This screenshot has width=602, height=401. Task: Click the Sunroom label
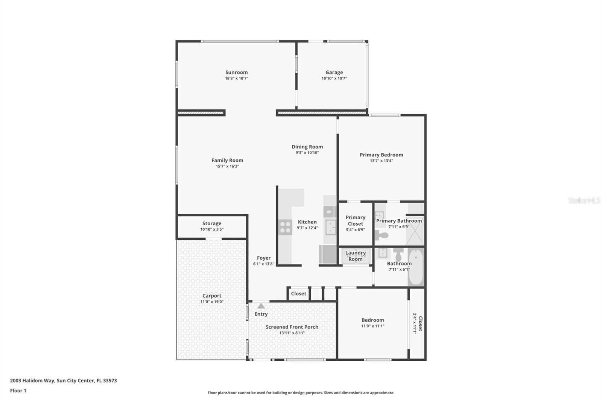236,72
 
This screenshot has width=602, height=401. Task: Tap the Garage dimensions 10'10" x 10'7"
334,78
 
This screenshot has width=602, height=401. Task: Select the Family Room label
227,160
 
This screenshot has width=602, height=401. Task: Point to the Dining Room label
307,147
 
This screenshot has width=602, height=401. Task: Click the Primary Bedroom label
381,155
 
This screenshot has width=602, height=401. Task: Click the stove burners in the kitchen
285,227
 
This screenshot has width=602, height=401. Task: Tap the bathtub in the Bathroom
416,267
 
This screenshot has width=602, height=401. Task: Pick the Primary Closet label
355,220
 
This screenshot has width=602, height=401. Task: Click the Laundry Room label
355,256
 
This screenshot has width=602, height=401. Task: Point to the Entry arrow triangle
261,306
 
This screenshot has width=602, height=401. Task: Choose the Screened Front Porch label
292,327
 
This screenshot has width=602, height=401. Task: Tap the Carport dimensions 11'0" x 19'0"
212,302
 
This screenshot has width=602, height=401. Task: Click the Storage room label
212,223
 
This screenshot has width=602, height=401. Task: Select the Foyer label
264,258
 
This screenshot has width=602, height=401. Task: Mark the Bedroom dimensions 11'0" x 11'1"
372,326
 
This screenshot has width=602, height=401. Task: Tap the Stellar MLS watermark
584,200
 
